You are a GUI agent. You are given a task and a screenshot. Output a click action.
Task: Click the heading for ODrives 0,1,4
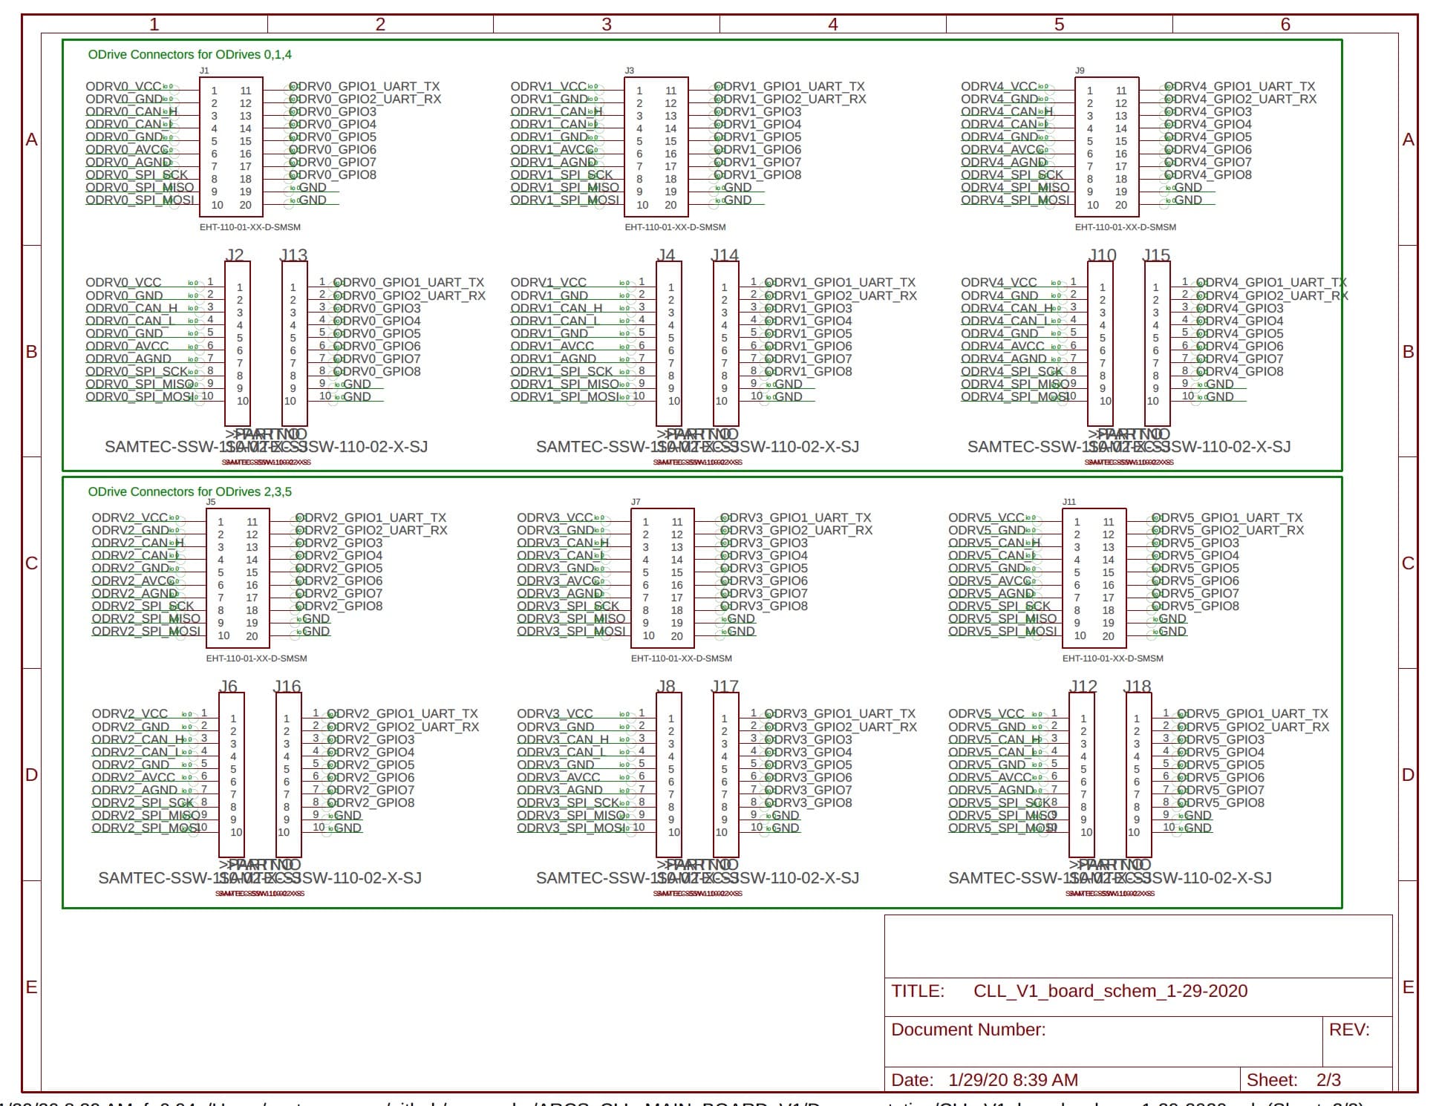point(189,54)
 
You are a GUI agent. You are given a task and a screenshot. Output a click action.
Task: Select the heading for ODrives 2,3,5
point(189,491)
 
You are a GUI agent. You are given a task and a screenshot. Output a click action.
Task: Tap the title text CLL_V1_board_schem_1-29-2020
point(1110,991)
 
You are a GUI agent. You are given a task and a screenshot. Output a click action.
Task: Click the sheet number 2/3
point(1328,1080)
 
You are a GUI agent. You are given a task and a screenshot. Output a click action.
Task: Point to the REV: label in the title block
point(1349,1030)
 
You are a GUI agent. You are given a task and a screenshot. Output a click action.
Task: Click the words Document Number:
point(968,1030)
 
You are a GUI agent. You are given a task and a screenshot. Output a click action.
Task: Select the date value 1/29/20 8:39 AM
point(1013,1080)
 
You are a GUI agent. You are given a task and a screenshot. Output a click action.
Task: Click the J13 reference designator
point(293,255)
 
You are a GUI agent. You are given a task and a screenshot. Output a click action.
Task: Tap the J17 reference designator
point(725,686)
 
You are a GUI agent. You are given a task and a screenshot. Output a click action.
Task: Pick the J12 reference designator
point(1083,686)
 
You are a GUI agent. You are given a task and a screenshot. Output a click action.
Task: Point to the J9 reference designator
point(1080,71)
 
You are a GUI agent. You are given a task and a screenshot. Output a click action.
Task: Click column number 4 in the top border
point(833,24)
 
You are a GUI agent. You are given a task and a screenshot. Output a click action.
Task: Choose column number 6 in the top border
point(1285,24)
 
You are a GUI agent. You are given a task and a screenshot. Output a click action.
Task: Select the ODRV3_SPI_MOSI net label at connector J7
point(571,631)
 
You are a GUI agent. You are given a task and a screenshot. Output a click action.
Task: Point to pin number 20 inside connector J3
point(670,205)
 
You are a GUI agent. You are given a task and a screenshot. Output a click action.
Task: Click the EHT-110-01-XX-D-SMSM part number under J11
point(1112,658)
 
